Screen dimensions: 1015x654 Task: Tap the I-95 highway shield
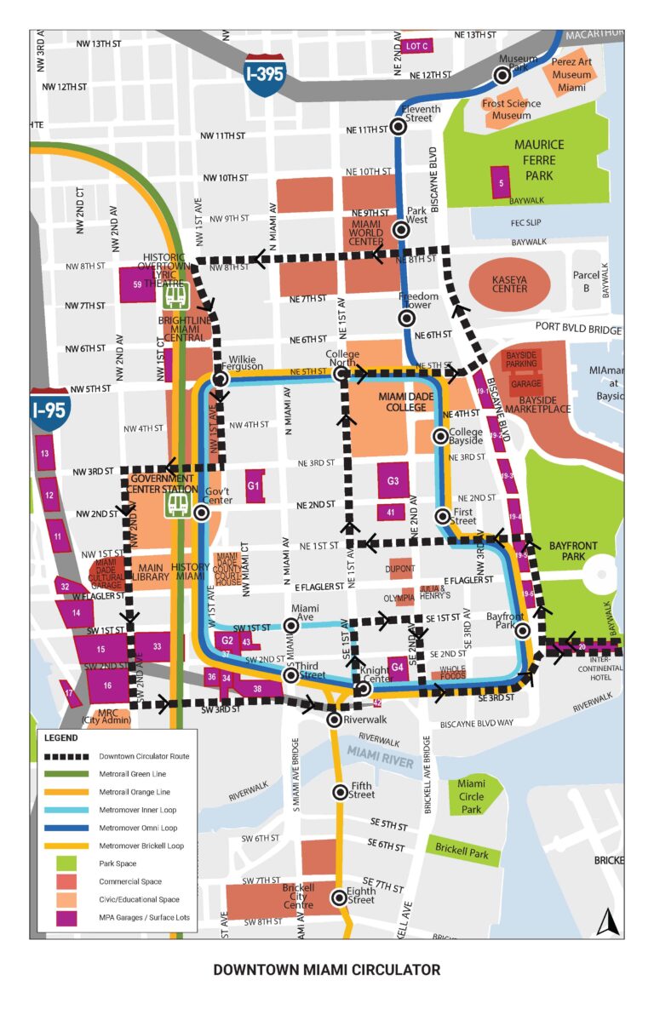[49, 408]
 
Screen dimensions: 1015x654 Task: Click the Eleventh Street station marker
[398, 128]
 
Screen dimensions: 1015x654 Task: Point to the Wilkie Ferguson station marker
[221, 379]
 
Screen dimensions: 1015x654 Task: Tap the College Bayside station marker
[439, 437]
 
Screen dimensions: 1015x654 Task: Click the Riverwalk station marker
[336, 720]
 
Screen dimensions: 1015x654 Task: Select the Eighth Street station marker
[340, 897]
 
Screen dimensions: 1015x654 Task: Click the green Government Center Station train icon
[178, 505]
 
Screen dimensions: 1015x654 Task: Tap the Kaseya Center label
[509, 283]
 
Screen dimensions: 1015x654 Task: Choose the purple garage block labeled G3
[393, 481]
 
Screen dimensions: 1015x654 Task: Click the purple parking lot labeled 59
[137, 284]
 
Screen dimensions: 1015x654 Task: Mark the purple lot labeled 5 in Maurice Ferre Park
[502, 183]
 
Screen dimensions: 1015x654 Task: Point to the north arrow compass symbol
[605, 920]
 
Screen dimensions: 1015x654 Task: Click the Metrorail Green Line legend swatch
[67, 774]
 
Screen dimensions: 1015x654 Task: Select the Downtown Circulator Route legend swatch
[67, 756]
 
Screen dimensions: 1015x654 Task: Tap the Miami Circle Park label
[471, 796]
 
